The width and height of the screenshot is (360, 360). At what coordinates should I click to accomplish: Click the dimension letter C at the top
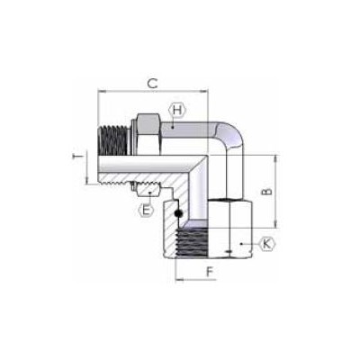pos(153,83)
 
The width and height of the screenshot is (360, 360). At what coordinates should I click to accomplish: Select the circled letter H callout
pos(176,110)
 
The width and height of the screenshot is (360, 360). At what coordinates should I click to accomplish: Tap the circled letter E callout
pos(144,209)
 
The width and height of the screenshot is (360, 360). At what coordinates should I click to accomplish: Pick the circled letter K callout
pos(266,243)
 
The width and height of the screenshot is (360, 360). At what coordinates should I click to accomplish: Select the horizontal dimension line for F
pos(196,279)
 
